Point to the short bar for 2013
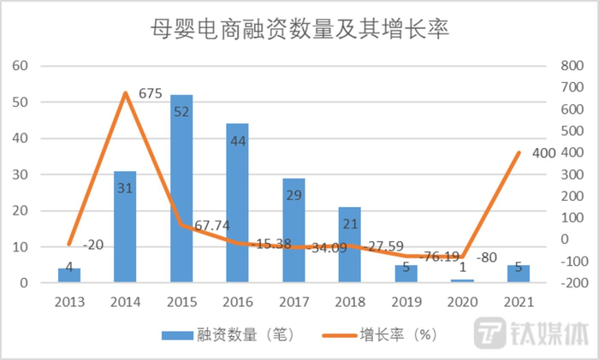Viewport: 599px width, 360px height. click(x=69, y=275)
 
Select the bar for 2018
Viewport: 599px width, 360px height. click(x=349, y=245)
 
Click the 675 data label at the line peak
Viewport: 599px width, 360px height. click(x=151, y=94)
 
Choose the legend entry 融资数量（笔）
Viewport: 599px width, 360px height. click(x=228, y=335)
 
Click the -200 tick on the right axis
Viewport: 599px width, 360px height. click(x=567, y=283)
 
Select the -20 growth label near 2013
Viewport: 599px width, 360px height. click(x=95, y=245)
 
